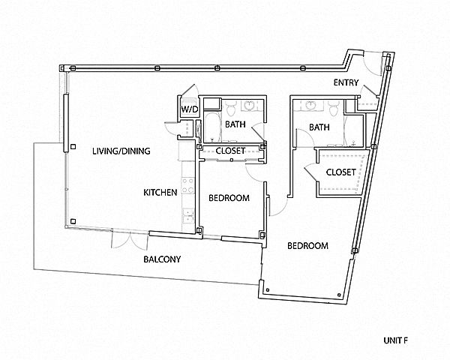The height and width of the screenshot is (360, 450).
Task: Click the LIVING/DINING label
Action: tap(121, 151)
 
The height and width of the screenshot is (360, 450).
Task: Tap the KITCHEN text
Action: tap(160, 192)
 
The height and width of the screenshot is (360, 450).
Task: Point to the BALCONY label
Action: tap(162, 259)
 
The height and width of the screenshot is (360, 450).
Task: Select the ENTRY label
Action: tap(346, 82)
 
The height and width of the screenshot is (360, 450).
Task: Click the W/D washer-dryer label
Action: tap(190, 109)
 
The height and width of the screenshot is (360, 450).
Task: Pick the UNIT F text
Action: tap(396, 340)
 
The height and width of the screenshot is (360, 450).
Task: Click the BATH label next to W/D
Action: tap(235, 124)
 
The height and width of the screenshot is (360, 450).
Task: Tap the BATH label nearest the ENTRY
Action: tap(319, 127)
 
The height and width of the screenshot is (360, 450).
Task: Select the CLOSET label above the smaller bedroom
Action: tap(230, 151)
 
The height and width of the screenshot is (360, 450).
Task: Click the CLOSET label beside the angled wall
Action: tap(341, 172)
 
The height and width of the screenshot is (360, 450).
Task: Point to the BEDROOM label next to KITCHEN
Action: tap(229, 198)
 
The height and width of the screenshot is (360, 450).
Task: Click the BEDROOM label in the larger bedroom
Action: tap(308, 246)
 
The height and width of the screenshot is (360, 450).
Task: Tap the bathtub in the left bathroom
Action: tap(213, 127)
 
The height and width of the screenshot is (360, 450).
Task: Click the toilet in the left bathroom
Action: tap(230, 107)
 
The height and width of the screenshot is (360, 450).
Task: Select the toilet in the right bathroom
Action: tap(334, 108)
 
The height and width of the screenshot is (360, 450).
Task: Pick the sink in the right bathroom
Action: tap(311, 105)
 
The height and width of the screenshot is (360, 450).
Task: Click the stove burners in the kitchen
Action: tap(187, 185)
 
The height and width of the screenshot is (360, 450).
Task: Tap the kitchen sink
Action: tap(188, 216)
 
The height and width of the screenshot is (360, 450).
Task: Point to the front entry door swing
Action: tap(372, 63)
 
